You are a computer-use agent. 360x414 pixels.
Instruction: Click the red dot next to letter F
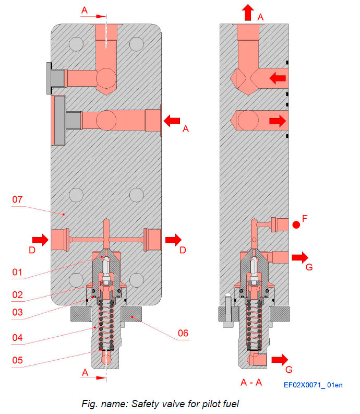(x=296, y=226)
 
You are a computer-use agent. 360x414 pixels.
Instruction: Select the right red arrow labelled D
(x=173, y=240)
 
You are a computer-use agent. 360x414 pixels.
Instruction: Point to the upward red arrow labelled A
(x=247, y=11)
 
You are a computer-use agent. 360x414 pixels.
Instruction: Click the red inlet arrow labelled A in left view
(x=172, y=121)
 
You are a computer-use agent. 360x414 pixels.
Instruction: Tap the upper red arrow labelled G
(x=300, y=257)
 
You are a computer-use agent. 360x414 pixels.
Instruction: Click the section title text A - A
(x=251, y=383)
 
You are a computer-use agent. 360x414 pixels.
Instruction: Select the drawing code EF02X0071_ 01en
(x=313, y=385)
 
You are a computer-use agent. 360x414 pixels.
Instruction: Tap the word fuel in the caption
(x=228, y=403)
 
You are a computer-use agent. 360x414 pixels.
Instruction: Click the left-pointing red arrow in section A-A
(x=277, y=78)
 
